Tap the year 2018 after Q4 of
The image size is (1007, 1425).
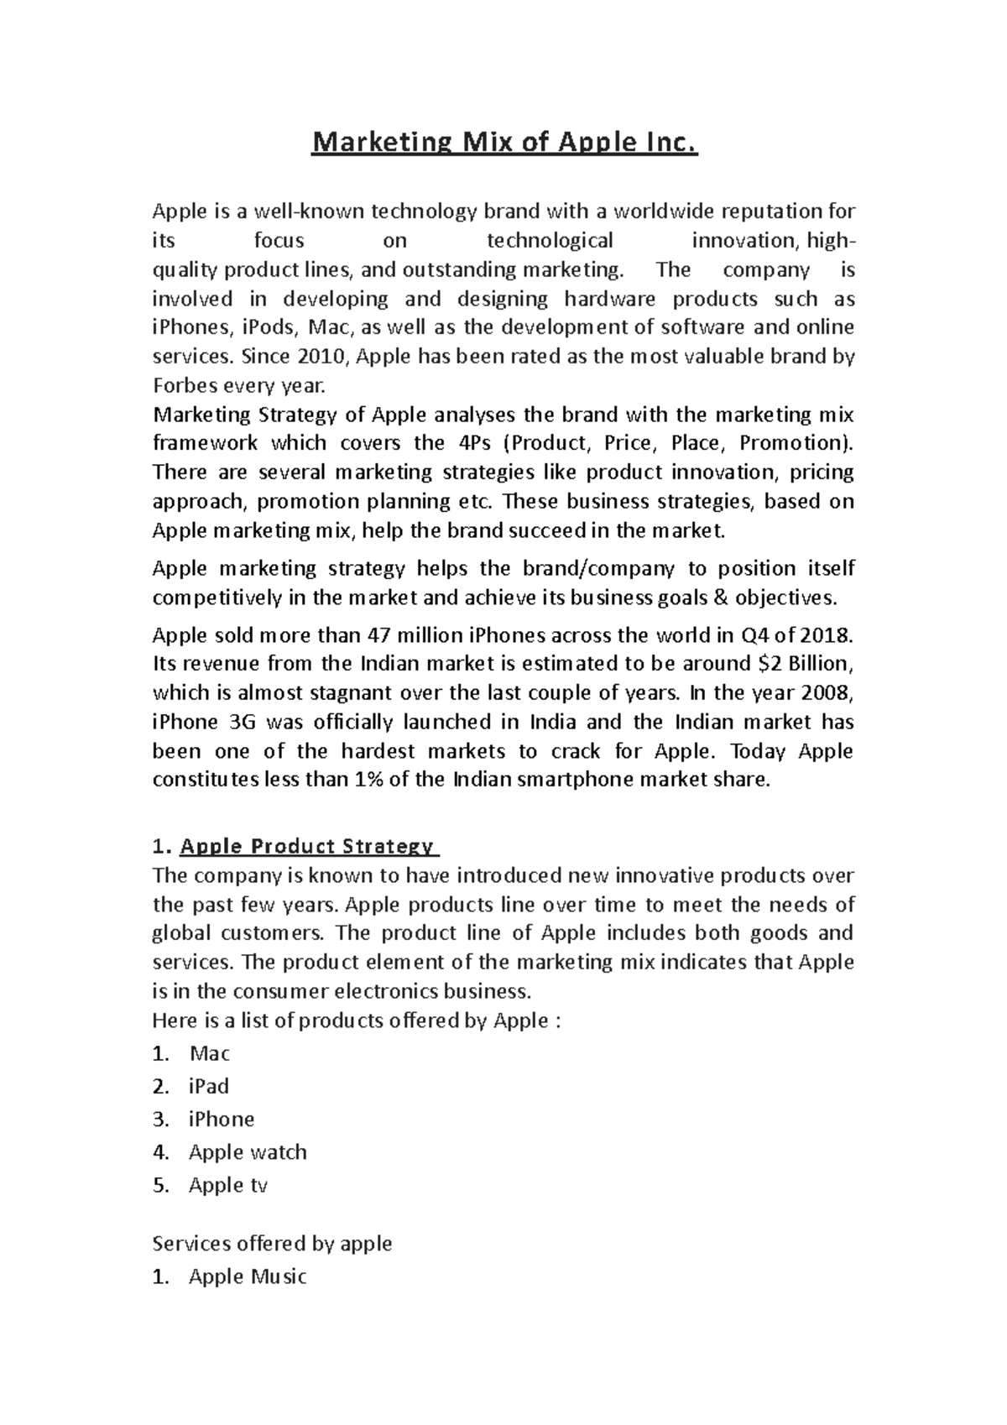(826, 634)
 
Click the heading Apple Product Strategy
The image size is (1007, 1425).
(307, 846)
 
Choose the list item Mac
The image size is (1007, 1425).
(210, 1054)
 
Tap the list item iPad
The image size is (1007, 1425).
(209, 1087)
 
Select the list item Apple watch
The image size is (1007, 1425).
(248, 1152)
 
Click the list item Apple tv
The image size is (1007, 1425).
(228, 1185)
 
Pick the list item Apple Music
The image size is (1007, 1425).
(248, 1277)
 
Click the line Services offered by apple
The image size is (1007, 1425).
(272, 1243)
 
